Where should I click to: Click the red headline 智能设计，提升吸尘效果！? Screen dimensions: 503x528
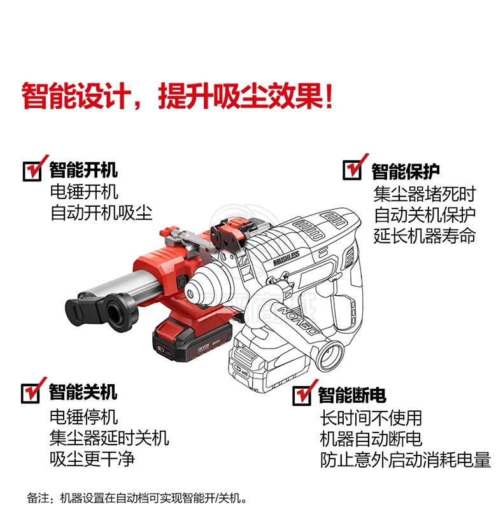(x=178, y=97)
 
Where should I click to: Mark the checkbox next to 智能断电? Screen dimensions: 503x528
(x=302, y=396)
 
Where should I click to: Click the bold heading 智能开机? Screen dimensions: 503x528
(x=83, y=170)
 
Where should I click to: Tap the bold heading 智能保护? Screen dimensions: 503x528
(x=406, y=171)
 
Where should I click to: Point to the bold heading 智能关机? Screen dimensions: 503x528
(x=83, y=392)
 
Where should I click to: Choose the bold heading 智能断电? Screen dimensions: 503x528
(x=352, y=394)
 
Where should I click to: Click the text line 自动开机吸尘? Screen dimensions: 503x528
(x=101, y=213)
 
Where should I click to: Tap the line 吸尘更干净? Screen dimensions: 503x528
(x=92, y=459)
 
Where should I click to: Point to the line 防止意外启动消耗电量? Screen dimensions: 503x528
(x=406, y=460)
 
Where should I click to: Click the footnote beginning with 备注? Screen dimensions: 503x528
(x=136, y=498)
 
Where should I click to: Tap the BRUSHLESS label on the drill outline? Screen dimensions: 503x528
(x=287, y=259)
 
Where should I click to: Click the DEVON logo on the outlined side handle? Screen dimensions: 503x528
(x=299, y=321)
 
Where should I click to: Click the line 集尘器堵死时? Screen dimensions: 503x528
(x=425, y=194)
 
